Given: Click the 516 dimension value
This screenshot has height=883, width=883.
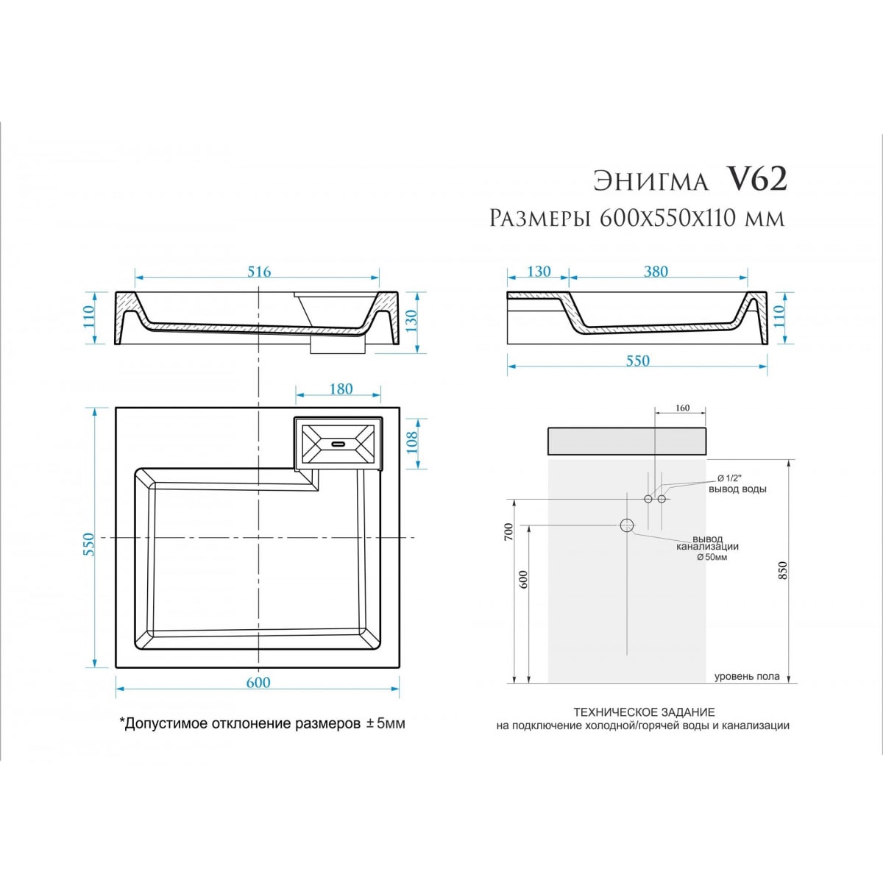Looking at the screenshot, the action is (x=259, y=272).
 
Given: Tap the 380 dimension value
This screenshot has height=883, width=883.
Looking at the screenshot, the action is (x=656, y=272).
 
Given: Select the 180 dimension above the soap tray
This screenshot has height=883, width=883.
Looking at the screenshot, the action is (x=341, y=389).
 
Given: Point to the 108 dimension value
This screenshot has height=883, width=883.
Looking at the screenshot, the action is (x=412, y=443).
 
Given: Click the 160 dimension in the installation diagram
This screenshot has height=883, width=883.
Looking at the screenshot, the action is (x=682, y=408).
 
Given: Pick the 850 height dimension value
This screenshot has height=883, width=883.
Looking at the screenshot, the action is (x=783, y=571).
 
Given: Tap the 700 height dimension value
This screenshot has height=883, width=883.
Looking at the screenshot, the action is (x=509, y=532).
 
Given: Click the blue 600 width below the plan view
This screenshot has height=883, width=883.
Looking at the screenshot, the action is (x=258, y=683).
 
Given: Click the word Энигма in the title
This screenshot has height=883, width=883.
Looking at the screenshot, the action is (x=650, y=182).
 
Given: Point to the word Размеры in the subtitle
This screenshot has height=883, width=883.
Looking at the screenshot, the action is (x=540, y=219).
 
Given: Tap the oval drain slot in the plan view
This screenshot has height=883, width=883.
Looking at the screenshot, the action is (x=338, y=444).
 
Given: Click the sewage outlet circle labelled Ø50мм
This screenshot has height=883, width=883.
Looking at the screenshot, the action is (x=627, y=525).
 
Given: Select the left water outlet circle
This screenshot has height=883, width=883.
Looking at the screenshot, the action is (x=648, y=499).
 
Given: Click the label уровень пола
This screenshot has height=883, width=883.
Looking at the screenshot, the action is (x=747, y=676).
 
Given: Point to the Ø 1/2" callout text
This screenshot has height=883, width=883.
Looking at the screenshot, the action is (x=729, y=478).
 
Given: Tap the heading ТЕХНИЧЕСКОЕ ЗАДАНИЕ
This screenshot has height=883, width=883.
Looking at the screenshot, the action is (x=645, y=712).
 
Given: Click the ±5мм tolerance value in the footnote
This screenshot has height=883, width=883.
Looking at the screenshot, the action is (x=386, y=724).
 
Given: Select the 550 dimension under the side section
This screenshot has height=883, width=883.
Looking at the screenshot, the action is (x=638, y=361).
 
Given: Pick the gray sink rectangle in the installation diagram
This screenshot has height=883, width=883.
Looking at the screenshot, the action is (x=627, y=441).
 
